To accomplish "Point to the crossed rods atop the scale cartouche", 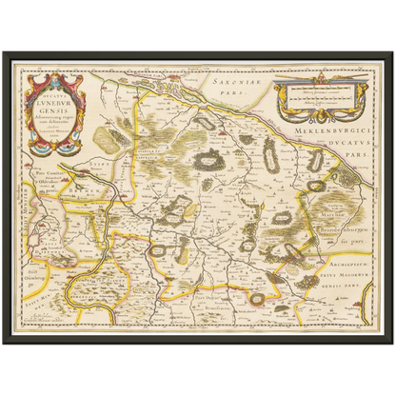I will pyautogui.click(x=320, y=80).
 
